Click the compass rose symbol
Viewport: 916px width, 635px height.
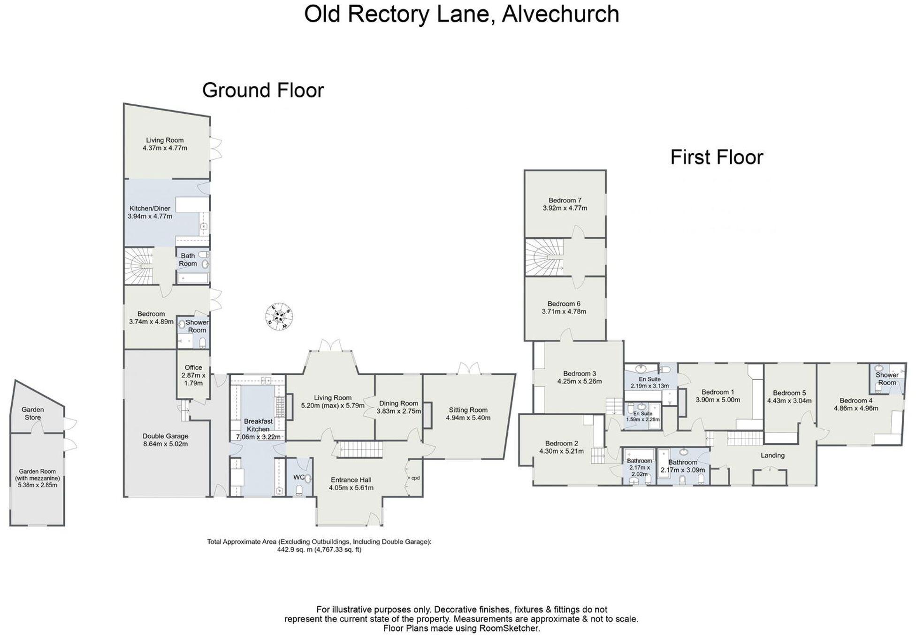(280, 317)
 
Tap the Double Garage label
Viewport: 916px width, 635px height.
(165, 436)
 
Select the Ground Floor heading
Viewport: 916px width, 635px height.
(263, 90)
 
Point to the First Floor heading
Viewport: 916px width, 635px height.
(717, 157)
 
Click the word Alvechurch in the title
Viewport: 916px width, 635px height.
(561, 14)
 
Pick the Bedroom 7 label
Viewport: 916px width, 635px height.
(565, 200)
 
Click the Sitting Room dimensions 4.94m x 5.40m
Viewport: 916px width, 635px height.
(468, 418)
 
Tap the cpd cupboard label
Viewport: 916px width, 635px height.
(415, 478)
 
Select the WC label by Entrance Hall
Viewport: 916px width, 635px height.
(298, 477)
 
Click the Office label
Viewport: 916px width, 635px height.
(193, 367)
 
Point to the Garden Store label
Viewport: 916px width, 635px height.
(33, 413)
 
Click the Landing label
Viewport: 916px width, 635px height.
(772, 455)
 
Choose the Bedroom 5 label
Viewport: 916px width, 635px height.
(789, 393)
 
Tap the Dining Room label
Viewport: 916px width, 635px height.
(398, 403)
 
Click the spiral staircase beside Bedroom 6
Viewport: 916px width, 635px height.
(544, 258)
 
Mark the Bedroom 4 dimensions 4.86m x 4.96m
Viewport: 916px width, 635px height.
(856, 408)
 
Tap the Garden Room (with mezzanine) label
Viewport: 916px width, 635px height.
(38, 475)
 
